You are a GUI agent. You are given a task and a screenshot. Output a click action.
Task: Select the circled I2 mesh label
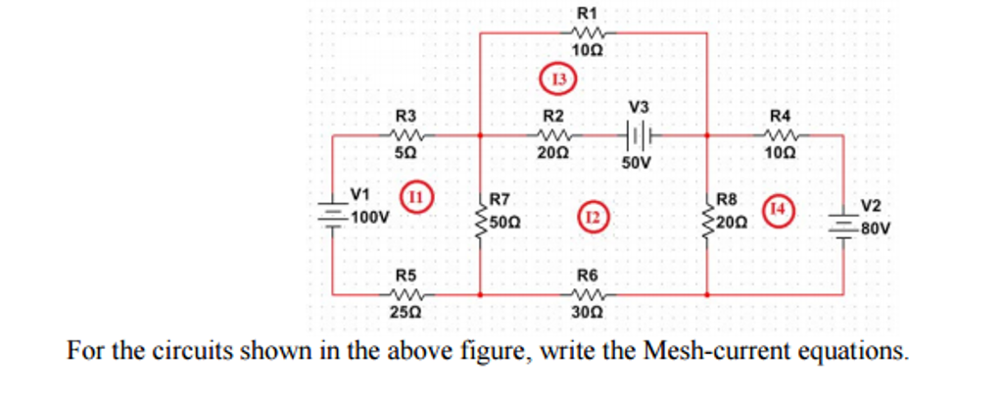(x=593, y=215)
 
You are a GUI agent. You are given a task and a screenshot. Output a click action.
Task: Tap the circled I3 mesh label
(x=559, y=77)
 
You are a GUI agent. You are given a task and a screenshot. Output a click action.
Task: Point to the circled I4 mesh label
(x=779, y=210)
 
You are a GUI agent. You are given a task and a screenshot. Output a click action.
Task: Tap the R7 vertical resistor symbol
(x=480, y=219)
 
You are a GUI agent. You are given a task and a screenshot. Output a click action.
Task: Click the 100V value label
(x=370, y=218)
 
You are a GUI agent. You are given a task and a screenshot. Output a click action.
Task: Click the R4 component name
(x=780, y=116)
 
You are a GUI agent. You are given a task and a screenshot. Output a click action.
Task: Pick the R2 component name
(x=553, y=116)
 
